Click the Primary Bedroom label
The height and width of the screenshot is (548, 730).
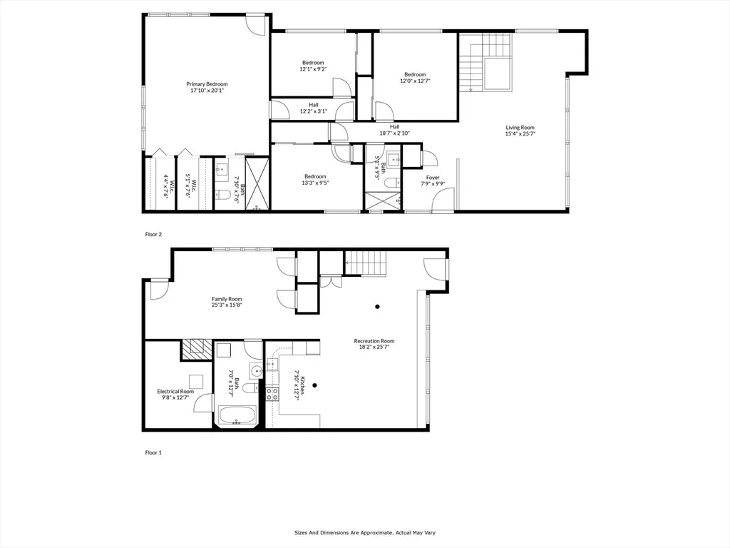click(207, 84)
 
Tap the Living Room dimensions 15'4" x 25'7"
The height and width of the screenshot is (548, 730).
click(520, 133)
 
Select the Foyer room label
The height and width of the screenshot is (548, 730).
click(433, 178)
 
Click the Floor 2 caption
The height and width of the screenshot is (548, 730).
click(153, 234)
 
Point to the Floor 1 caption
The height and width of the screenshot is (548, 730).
click(153, 452)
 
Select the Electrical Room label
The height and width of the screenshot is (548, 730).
click(175, 392)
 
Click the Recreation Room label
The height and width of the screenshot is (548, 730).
click(374, 341)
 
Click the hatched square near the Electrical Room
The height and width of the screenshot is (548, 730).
click(192, 349)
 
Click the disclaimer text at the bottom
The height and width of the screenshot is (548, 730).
click(364, 532)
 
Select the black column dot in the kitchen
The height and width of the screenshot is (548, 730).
click(314, 385)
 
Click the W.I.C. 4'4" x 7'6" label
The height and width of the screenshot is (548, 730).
click(165, 184)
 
